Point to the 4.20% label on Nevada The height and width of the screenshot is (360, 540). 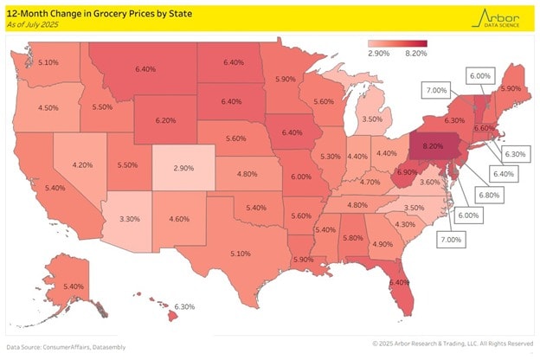pyautogui.click(x=82, y=164)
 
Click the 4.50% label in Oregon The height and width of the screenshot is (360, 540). pyautogui.click(x=48, y=108)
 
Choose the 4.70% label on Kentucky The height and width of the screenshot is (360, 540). pyautogui.click(x=370, y=183)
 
